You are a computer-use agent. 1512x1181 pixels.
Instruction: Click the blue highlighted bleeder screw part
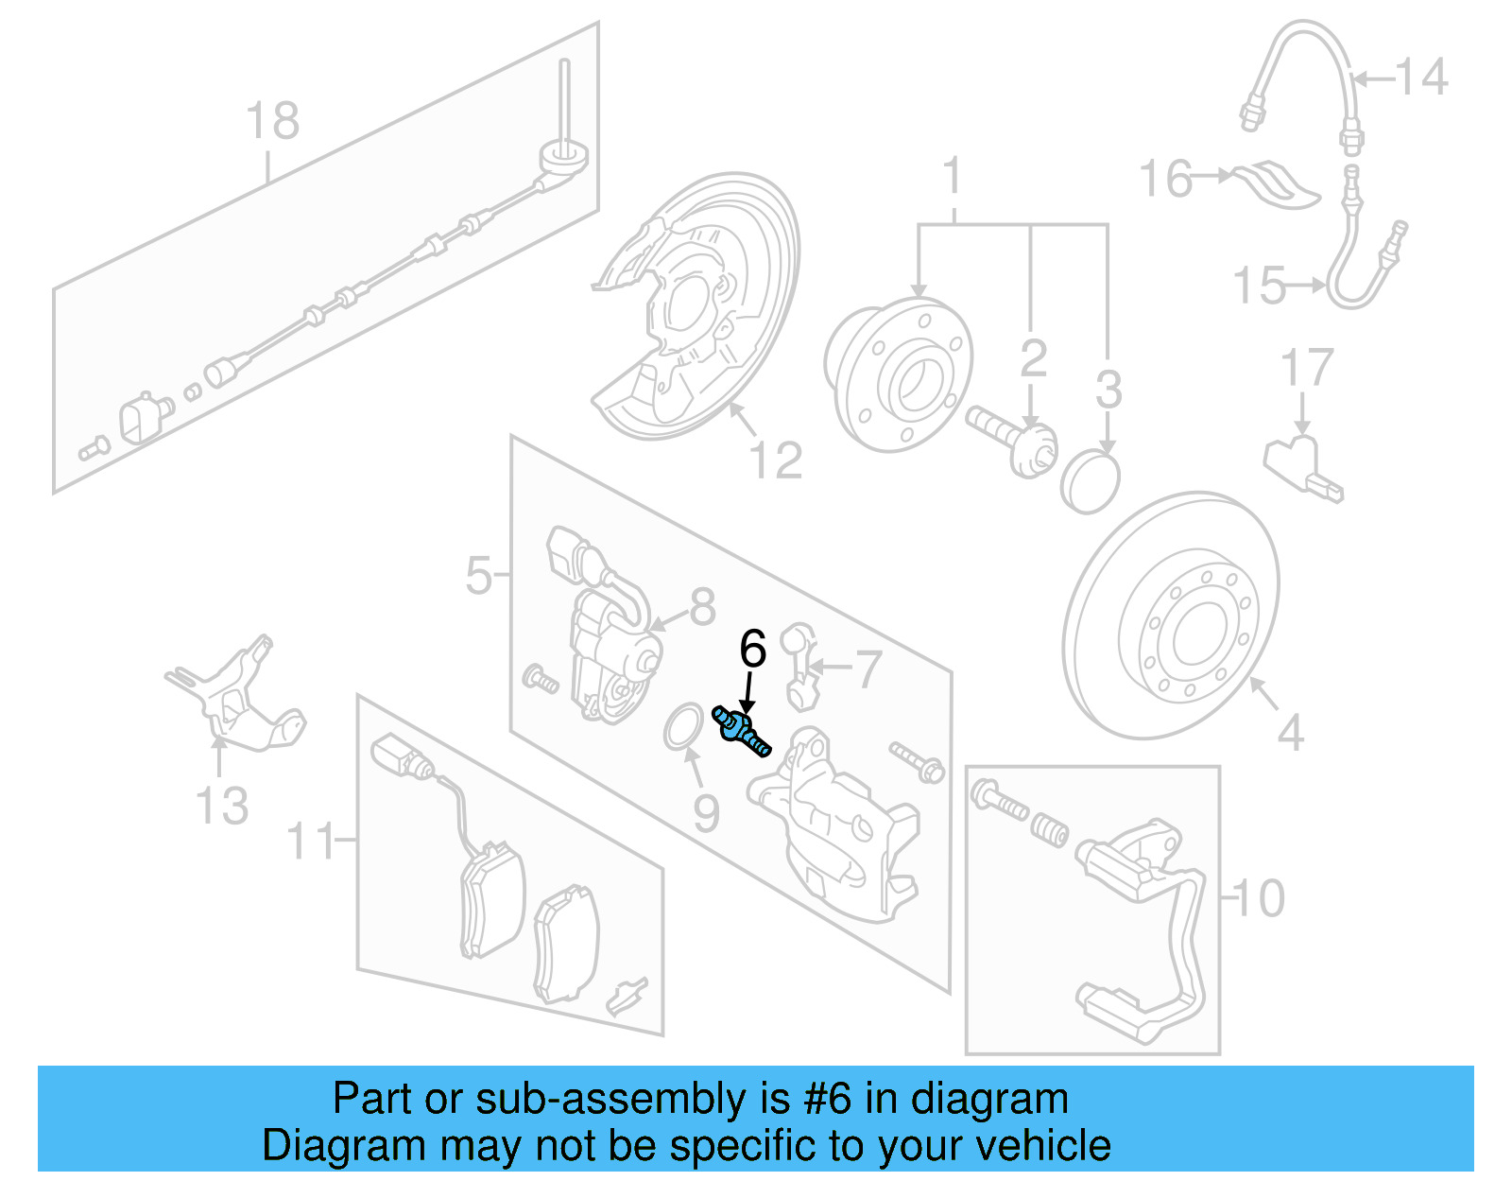[x=742, y=732]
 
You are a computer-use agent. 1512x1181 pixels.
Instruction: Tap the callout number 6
[x=752, y=649]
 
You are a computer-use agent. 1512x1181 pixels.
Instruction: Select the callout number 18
[x=272, y=122]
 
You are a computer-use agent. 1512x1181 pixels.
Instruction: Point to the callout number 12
[x=775, y=460]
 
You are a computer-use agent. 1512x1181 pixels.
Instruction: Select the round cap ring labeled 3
[x=1090, y=482]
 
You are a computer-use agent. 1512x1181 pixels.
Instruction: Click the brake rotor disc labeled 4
[x=1172, y=615]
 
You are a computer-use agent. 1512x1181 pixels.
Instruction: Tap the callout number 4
[x=1291, y=733]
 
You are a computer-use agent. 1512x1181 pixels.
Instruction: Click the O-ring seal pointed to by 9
[x=682, y=726]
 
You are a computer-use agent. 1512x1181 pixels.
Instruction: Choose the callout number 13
[x=221, y=806]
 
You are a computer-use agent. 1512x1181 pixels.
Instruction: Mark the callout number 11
[x=312, y=840]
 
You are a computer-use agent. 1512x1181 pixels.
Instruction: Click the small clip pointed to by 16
[x=1276, y=184]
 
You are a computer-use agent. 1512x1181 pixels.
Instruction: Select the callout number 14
[x=1421, y=77]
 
